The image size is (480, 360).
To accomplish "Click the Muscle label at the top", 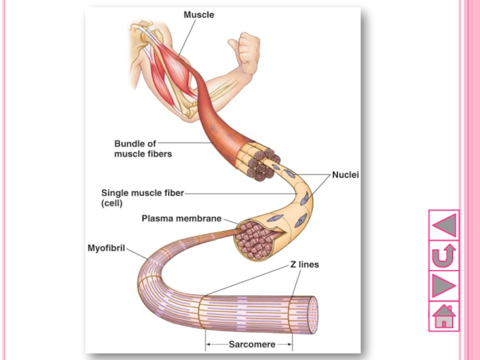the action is point(198,14).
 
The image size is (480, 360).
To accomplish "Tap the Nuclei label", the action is point(345,175).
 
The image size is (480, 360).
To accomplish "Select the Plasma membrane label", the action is point(181,218).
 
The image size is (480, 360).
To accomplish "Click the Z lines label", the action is point(305,264).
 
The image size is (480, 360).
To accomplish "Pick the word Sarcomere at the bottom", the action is point(252,344).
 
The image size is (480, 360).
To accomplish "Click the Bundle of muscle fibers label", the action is point(143,149).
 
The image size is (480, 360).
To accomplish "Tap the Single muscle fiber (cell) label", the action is point(142,198).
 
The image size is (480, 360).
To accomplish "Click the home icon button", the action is point(444,317).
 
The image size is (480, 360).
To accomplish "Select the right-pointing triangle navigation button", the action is point(444,286).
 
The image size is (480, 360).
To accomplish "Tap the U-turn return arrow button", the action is point(444,256).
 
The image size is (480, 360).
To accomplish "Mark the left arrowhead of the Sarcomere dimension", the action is point(208,344).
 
